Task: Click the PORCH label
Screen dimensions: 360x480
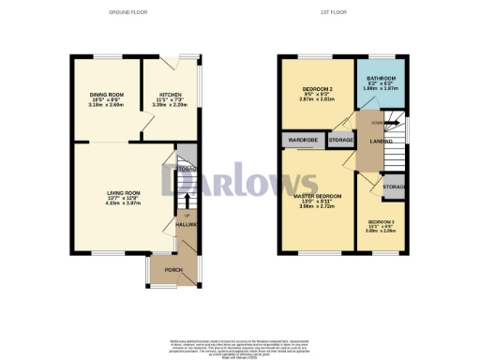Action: pyautogui.click(x=173, y=270)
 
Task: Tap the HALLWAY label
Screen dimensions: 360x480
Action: pyautogui.click(x=185, y=226)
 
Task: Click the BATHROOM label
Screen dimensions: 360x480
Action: pyautogui.click(x=378, y=78)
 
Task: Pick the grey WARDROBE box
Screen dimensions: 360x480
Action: pyautogui.click(x=303, y=140)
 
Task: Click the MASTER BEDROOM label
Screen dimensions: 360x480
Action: pyautogui.click(x=317, y=196)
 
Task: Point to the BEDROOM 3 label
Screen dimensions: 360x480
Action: pyautogui.click(x=380, y=221)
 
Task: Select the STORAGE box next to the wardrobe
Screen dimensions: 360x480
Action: pyautogui.click(x=340, y=140)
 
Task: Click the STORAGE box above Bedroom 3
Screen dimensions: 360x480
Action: pyautogui.click(x=394, y=186)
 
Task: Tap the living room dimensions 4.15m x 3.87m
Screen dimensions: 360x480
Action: pyautogui.click(x=121, y=202)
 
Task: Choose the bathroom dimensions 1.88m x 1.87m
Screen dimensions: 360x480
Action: pyautogui.click(x=378, y=89)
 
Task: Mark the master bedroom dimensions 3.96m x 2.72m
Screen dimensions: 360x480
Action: pyautogui.click(x=317, y=206)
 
